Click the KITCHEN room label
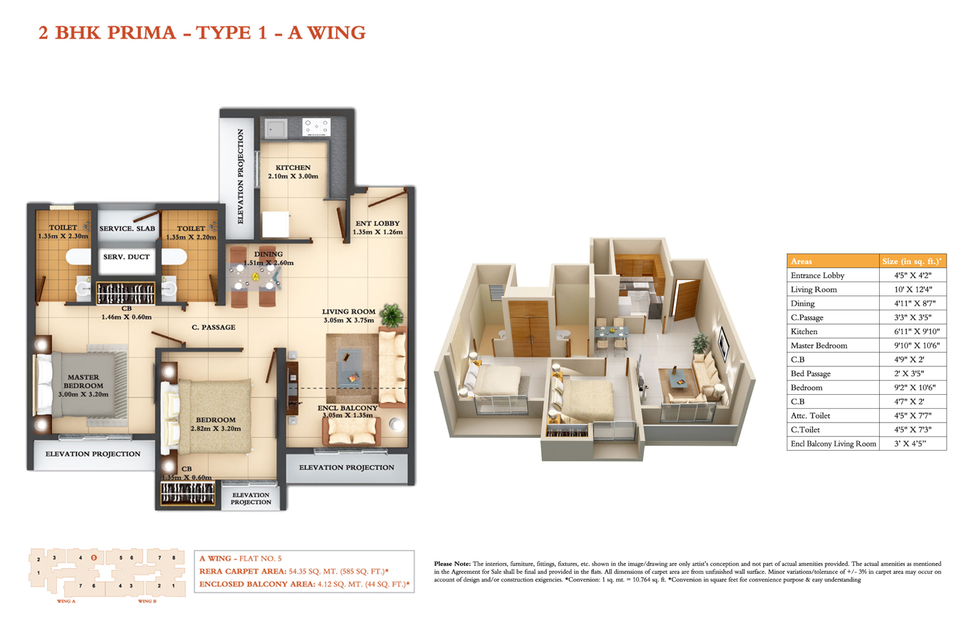[293, 167]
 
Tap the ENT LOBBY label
[377, 223]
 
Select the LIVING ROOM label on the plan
[348, 312]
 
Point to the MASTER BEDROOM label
[83, 381]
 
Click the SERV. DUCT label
[126, 257]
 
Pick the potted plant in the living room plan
[392, 316]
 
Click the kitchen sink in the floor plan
[276, 128]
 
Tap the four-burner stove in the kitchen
[317, 128]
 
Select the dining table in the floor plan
[254, 276]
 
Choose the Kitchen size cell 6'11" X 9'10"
[913, 331]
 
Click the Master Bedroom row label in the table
[819, 346]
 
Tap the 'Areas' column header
[801, 261]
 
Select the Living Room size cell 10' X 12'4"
[913, 289]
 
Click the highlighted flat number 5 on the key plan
[94, 558]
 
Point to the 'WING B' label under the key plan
[147, 601]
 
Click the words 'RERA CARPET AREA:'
[243, 571]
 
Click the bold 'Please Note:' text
[452, 563]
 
